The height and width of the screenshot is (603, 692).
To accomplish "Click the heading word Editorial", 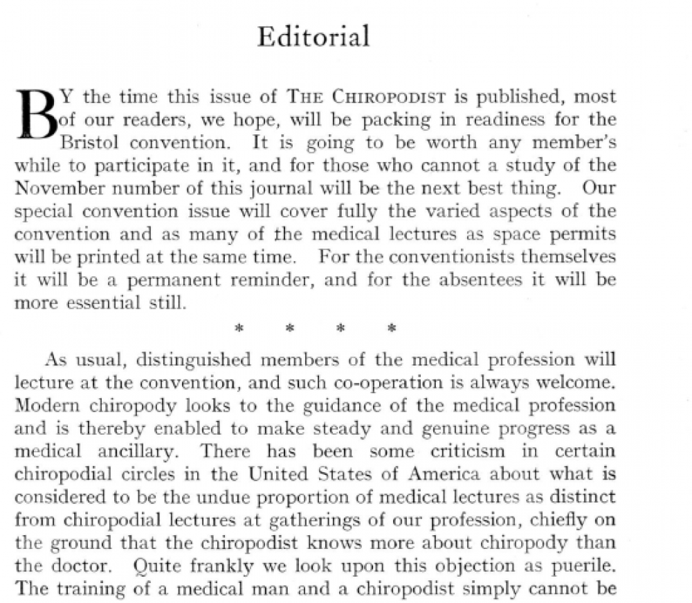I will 313,37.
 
